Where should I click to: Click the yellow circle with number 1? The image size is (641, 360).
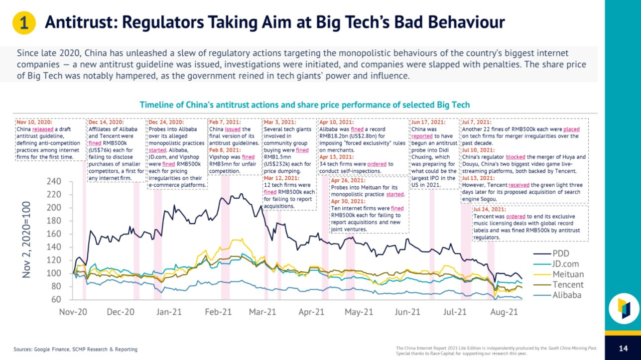click(x=23, y=23)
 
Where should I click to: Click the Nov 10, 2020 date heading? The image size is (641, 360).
click(x=34, y=122)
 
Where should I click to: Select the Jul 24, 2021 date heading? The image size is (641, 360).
click(x=490, y=209)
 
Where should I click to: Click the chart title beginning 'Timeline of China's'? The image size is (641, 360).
click(x=304, y=105)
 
